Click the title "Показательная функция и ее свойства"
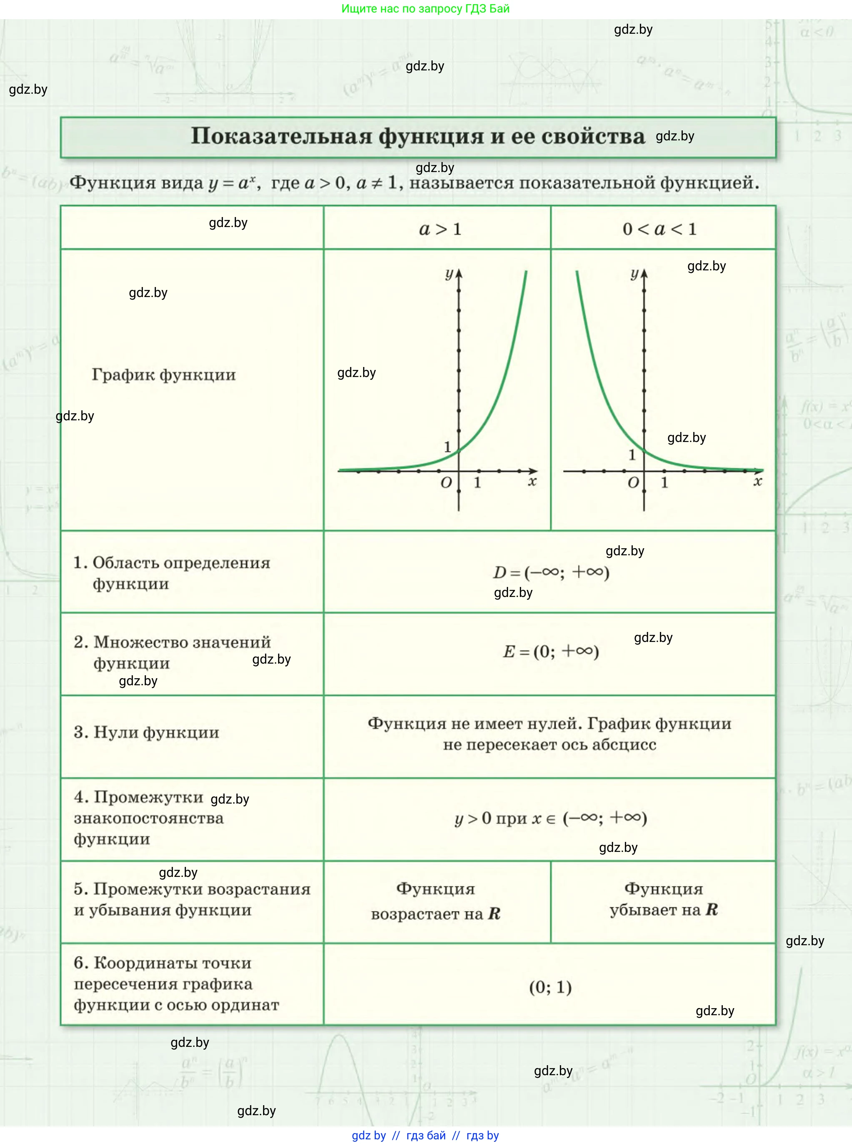[418, 136]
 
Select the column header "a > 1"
[440, 229]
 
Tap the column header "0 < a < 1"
[659, 229]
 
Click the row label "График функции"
[163, 375]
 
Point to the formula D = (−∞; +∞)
[551, 572]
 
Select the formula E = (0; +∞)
[551, 652]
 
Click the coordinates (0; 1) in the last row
[550, 987]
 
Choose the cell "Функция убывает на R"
[663, 900]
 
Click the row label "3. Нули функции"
[146, 732]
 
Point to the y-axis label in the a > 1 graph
[449, 274]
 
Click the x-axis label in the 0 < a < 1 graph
[757, 481]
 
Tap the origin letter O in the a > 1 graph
[446, 483]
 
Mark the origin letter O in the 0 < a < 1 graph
[633, 483]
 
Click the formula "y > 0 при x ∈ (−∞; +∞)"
[550, 818]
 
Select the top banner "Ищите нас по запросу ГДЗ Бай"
[426, 9]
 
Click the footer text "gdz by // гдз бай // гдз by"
[426, 1135]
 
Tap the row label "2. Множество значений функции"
[172, 652]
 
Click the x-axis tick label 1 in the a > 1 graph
[478, 483]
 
